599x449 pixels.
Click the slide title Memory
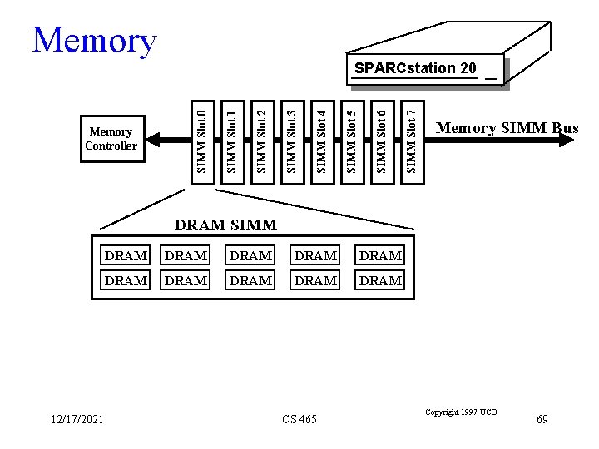(94, 40)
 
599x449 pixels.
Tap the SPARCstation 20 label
(415, 67)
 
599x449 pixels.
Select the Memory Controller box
(111, 139)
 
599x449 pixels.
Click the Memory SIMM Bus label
(507, 128)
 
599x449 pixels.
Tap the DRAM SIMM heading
(225, 224)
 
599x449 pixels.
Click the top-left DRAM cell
(126, 256)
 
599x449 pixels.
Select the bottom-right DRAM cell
(380, 281)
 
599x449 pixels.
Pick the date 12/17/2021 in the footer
(77, 419)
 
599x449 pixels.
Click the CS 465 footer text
(299, 419)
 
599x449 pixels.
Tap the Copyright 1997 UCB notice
(460, 412)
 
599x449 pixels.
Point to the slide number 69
(542, 419)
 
